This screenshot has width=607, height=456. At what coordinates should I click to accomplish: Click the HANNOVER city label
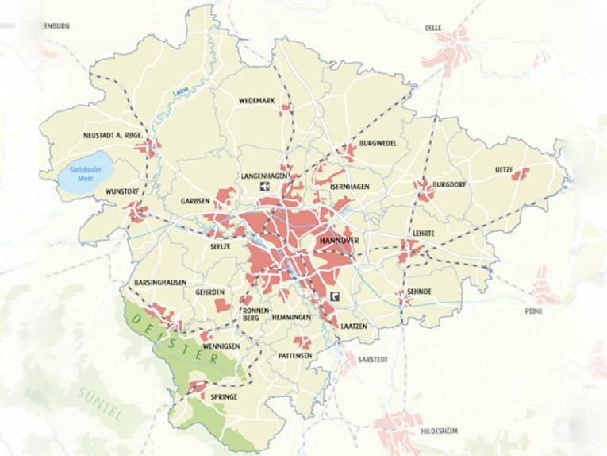[x=339, y=239]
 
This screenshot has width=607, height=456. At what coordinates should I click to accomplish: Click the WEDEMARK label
[x=257, y=101]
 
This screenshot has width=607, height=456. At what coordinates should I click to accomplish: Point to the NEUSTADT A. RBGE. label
[x=113, y=135]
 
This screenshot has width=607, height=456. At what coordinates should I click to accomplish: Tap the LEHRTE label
[x=424, y=233]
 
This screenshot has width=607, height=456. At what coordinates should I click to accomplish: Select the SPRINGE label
[x=224, y=396]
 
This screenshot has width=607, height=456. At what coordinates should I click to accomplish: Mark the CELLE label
[x=433, y=27]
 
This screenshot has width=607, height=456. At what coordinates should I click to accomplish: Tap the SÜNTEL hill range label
[x=100, y=403]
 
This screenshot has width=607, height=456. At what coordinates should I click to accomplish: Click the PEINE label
[x=533, y=311]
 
